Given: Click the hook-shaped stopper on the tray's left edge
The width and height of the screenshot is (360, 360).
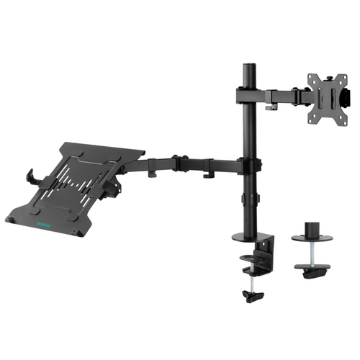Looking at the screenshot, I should coord(30,175).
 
